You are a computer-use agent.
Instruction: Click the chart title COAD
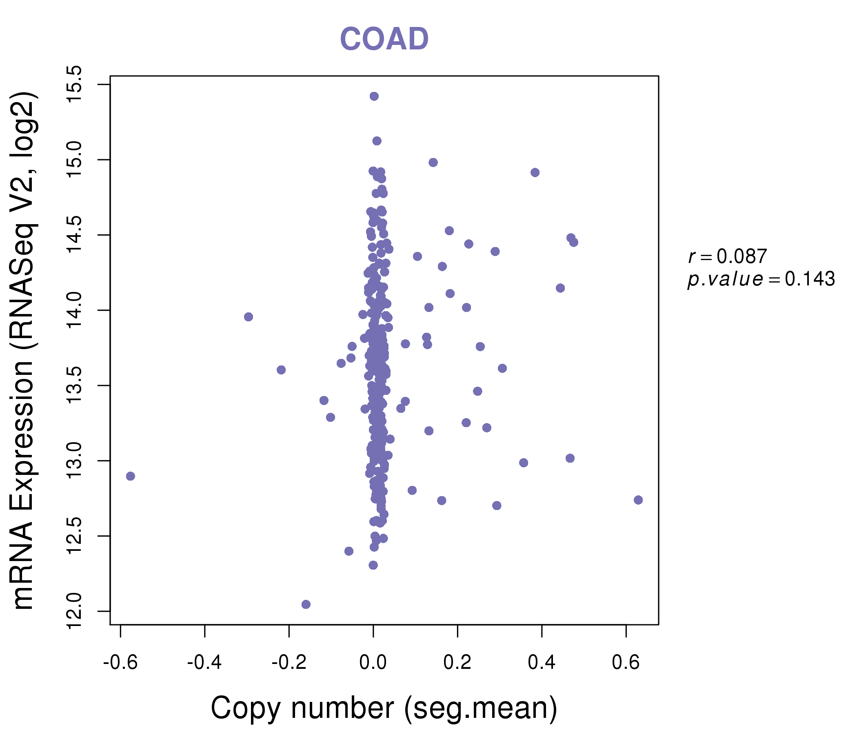[x=384, y=39]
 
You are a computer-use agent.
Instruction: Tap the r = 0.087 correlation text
[x=727, y=256]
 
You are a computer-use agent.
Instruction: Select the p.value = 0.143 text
[x=761, y=279]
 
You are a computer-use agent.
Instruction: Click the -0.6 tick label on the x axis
[x=120, y=663]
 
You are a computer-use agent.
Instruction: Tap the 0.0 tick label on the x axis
[x=373, y=663]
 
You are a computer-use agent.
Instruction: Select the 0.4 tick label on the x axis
[x=542, y=663]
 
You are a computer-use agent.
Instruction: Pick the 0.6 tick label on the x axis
[x=626, y=663]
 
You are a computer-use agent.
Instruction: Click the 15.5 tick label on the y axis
[x=75, y=85]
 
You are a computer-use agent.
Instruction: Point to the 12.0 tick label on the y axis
[x=75, y=611]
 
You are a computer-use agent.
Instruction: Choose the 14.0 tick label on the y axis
[x=75, y=310]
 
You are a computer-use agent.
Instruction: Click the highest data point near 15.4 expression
[x=374, y=96]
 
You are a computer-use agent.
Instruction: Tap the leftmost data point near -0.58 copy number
[x=130, y=477]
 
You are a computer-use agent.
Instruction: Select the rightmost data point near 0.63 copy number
[x=638, y=500]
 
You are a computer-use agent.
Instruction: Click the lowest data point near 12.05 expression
[x=306, y=604]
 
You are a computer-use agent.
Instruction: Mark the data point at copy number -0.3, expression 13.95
[x=248, y=317]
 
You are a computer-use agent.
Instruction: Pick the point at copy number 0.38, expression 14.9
[x=535, y=173]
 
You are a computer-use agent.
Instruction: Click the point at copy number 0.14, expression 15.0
[x=433, y=162]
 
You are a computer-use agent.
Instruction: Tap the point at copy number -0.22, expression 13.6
[x=281, y=370]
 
